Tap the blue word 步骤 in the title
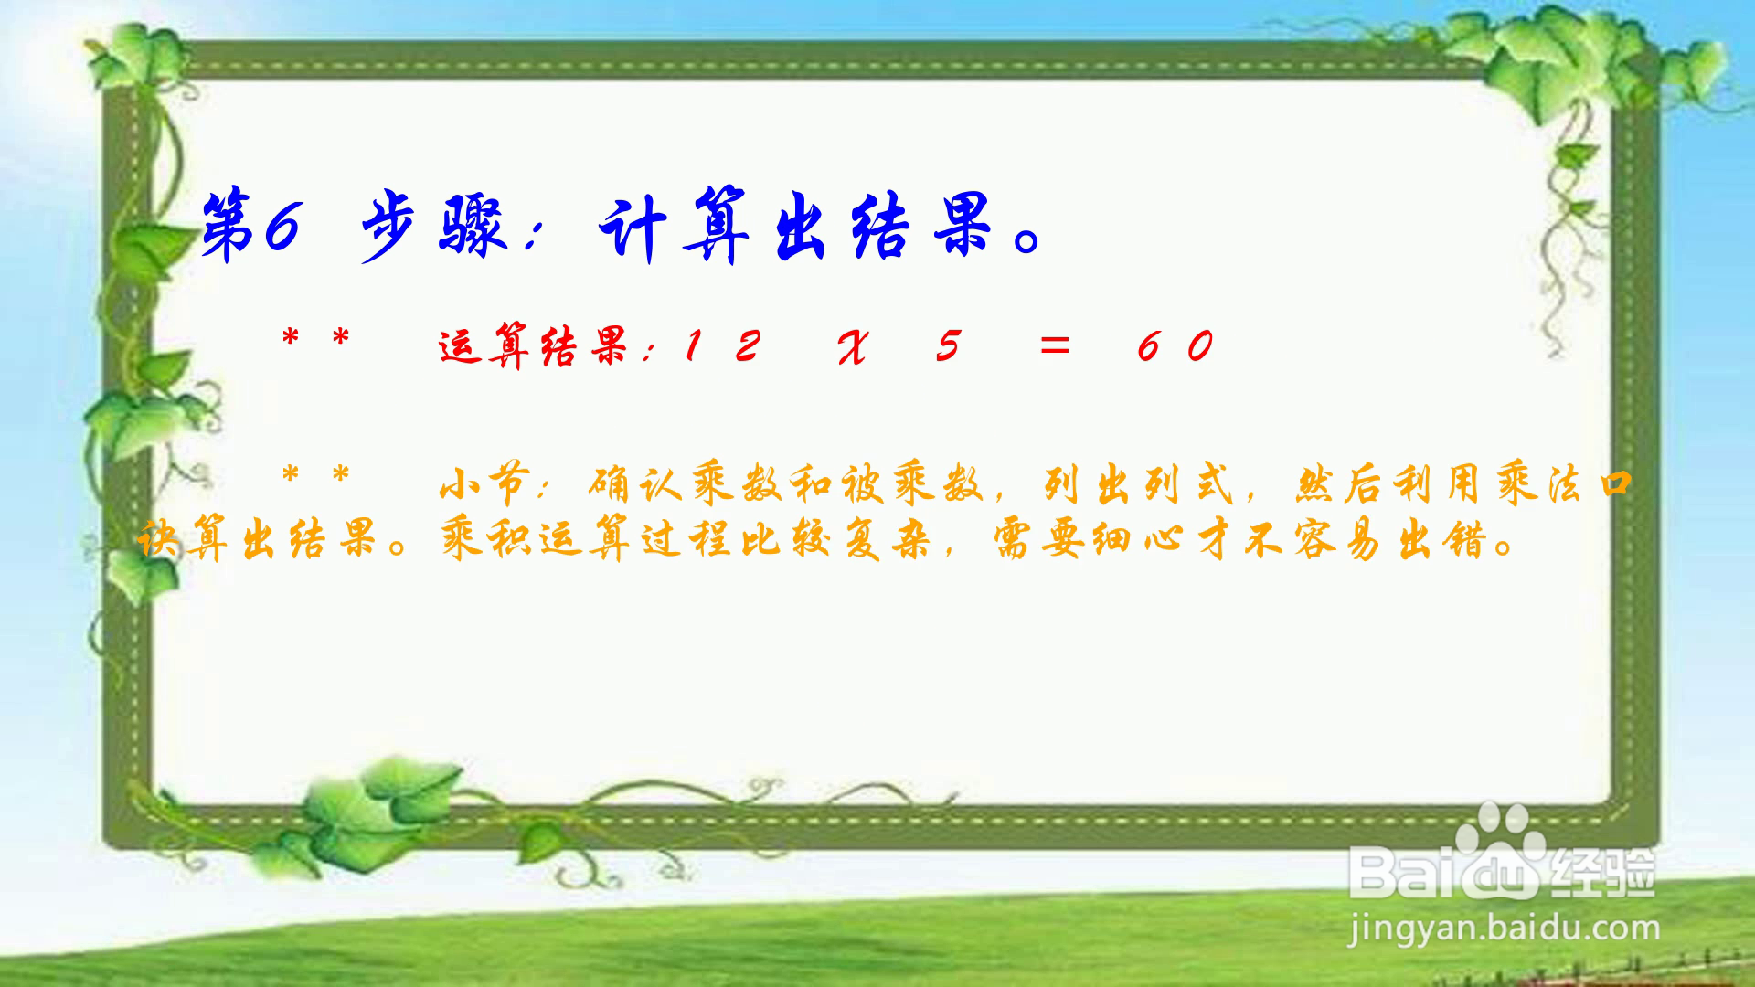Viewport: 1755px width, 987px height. tap(433, 226)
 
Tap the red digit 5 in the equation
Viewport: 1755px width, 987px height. tap(949, 345)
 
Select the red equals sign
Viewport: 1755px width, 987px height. tap(1054, 345)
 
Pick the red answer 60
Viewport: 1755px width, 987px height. tap(1175, 345)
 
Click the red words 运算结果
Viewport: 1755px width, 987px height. tap(534, 345)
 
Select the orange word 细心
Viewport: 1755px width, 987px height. tap(1139, 540)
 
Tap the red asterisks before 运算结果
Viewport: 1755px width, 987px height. tap(315, 340)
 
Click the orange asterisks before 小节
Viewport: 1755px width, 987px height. tap(315, 476)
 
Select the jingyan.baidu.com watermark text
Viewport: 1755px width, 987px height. tap(1504, 929)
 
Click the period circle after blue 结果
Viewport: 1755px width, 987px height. tap(1028, 242)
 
